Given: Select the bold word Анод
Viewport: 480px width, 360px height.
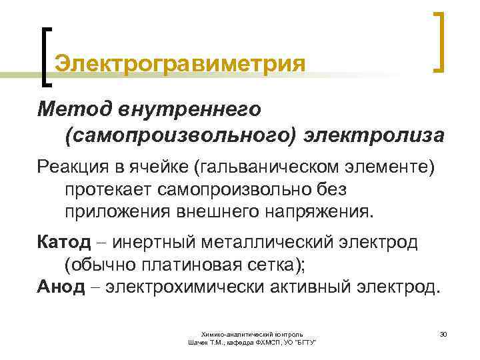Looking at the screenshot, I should pyautogui.click(x=61, y=287).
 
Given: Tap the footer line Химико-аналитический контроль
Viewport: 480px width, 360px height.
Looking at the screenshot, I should pyautogui.click(x=253, y=333).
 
